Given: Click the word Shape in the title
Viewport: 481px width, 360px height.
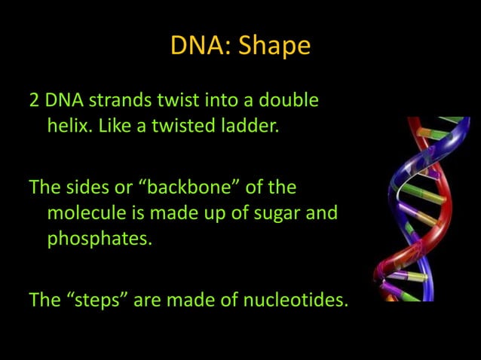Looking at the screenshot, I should click(274, 46).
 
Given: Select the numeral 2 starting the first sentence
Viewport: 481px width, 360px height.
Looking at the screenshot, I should click(34, 100).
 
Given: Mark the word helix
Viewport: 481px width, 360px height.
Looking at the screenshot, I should click(69, 125).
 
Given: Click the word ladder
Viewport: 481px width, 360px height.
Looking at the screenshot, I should click(252, 125).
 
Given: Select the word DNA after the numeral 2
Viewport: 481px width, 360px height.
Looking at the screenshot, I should click(63, 100).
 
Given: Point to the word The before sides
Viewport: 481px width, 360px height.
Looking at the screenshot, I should click(44, 187).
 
